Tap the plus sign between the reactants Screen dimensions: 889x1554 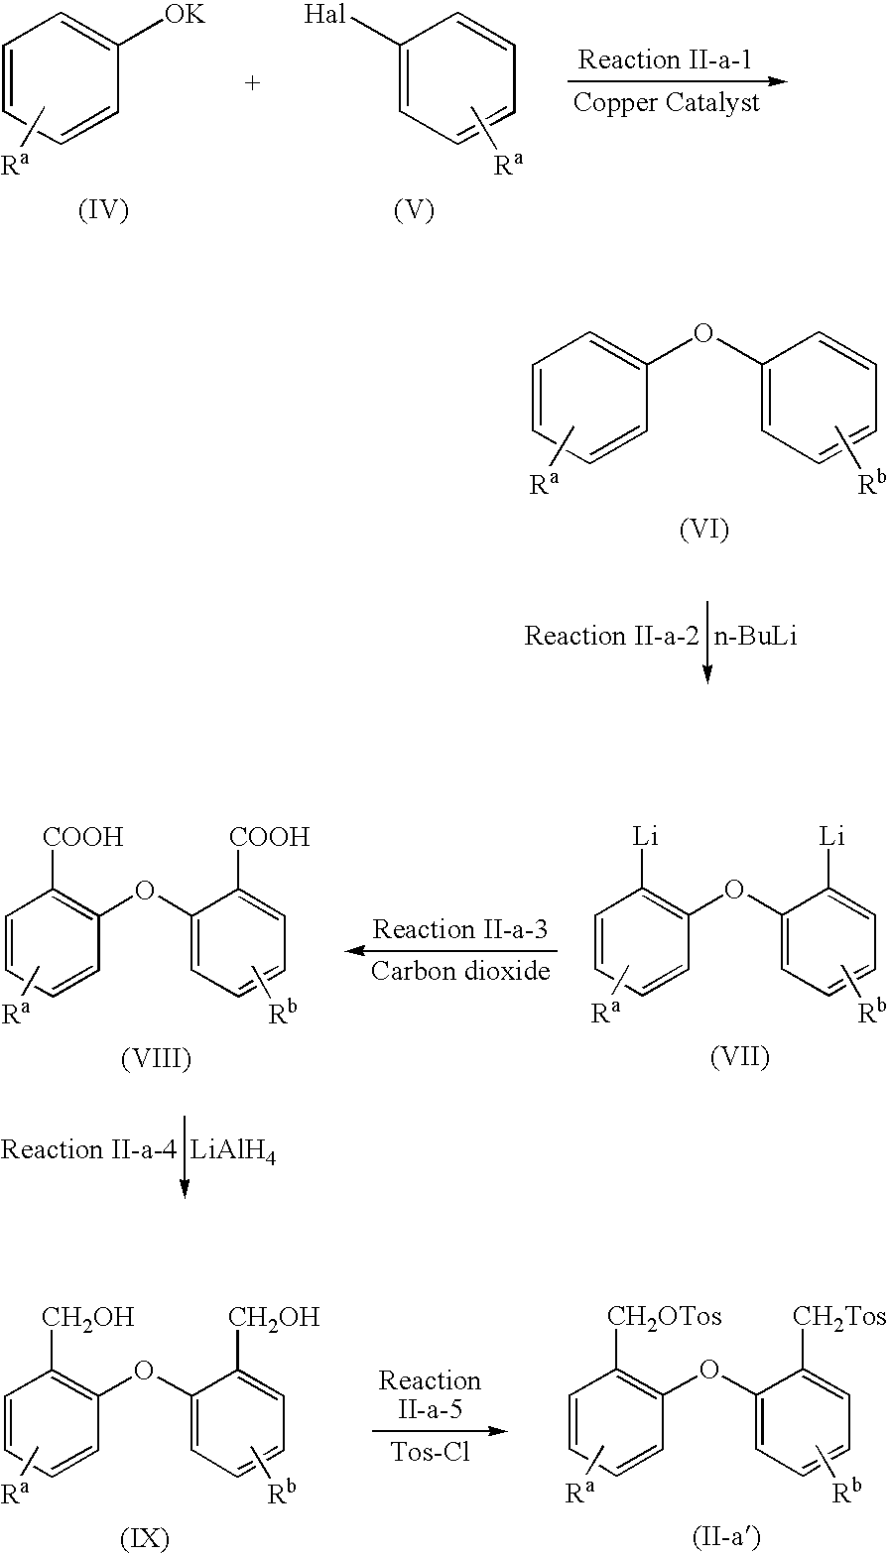(253, 84)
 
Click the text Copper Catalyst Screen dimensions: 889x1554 (667, 102)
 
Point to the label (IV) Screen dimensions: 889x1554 (103, 210)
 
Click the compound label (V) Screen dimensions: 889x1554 (414, 210)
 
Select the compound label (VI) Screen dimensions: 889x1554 (703, 531)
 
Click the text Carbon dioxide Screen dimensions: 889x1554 (460, 970)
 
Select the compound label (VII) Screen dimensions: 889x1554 (740, 1057)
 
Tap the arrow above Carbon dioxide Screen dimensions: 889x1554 (450, 950)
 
